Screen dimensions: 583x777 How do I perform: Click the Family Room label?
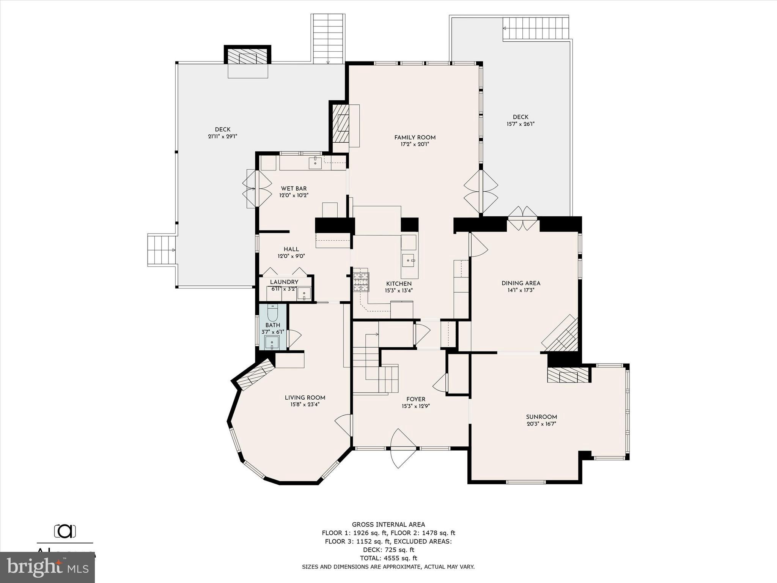coord(415,137)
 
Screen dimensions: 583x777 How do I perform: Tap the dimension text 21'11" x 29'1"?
coord(222,137)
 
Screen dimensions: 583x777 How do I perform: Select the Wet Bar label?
coord(294,188)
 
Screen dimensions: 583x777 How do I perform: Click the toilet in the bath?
coord(272,313)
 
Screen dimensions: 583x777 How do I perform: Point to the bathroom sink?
coord(272,343)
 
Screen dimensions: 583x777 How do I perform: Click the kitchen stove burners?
coord(361,282)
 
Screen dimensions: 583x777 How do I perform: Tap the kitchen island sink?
coord(409,260)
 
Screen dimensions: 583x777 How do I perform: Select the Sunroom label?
coord(541,416)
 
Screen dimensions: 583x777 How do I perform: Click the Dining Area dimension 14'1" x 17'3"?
coord(521,290)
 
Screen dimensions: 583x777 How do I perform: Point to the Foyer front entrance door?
coord(404,449)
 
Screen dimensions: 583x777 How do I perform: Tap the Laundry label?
coord(284,282)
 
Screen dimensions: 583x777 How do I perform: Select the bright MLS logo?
coord(47,567)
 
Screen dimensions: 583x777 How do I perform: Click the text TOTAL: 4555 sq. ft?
coord(388,558)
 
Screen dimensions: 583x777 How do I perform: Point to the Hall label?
coord(291,249)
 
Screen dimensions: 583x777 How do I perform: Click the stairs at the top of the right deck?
coord(536,28)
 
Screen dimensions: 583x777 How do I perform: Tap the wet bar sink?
coord(315,163)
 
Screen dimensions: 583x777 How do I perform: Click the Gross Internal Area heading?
coord(388,525)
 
